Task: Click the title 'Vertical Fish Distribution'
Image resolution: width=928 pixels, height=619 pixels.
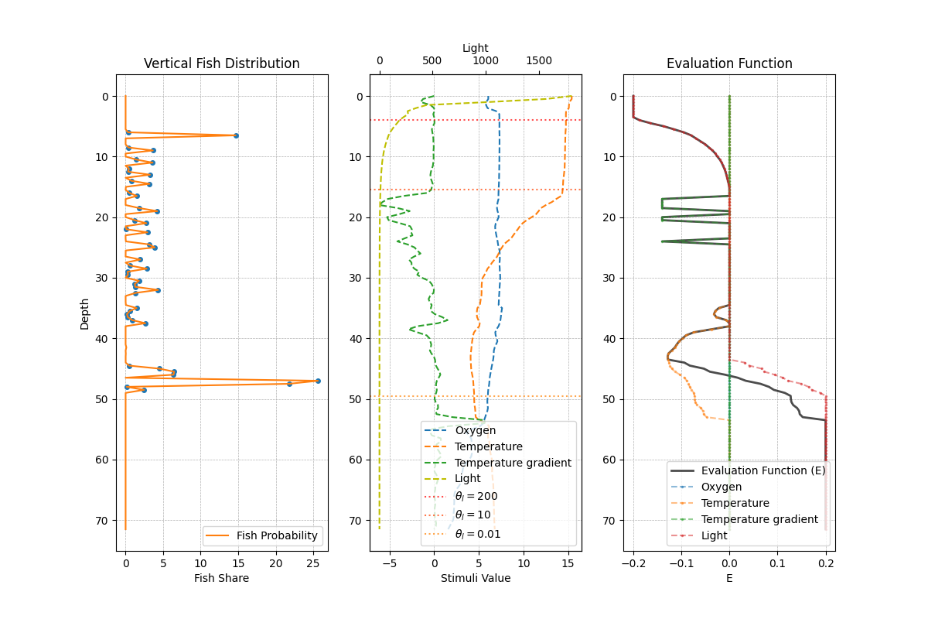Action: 222,63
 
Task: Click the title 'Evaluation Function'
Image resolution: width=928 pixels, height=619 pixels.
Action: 729,63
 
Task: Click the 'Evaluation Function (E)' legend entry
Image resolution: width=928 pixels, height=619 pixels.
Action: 763,470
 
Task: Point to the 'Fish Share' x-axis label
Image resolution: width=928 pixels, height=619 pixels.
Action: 222,578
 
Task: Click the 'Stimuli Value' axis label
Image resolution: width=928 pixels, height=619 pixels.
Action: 476,578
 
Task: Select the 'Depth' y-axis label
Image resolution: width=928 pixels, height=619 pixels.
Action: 85,313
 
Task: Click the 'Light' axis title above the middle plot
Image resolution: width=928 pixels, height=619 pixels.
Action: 476,48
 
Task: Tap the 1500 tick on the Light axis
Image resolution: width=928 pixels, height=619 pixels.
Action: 539,61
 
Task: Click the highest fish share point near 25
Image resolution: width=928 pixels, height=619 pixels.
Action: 318,381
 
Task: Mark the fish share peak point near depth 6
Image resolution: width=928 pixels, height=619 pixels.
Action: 236,135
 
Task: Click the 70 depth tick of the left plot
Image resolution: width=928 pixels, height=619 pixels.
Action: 104,520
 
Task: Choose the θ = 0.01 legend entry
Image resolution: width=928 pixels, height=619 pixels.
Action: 477,534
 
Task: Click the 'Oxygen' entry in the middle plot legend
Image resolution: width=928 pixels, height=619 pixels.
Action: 476,430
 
